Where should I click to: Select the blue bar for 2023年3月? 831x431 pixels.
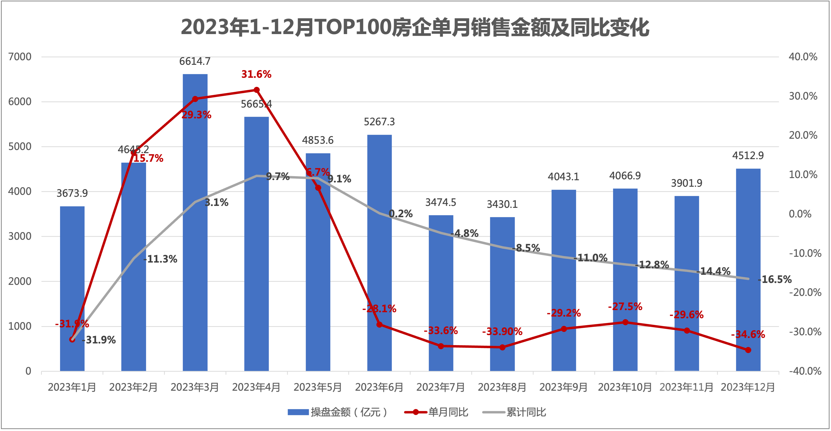195,222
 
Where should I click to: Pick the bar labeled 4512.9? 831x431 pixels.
748,269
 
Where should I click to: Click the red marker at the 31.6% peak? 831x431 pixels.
257,90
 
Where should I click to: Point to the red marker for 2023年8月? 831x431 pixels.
502,347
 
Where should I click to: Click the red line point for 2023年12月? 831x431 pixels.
748,350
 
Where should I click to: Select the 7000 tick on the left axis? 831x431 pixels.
20,57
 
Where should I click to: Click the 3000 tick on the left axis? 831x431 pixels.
20,236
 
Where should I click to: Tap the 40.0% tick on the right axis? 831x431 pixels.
803,57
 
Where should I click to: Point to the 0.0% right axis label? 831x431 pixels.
800,214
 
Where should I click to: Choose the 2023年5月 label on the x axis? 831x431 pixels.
318,387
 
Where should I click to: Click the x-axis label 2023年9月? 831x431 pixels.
564,387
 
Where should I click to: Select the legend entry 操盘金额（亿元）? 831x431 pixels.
337,412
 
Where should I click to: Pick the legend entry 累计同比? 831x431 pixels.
514,412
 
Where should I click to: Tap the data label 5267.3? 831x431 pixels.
379,122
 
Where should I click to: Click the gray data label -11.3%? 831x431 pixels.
160,259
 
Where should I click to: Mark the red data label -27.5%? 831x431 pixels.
625,306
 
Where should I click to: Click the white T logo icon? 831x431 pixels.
681,393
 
